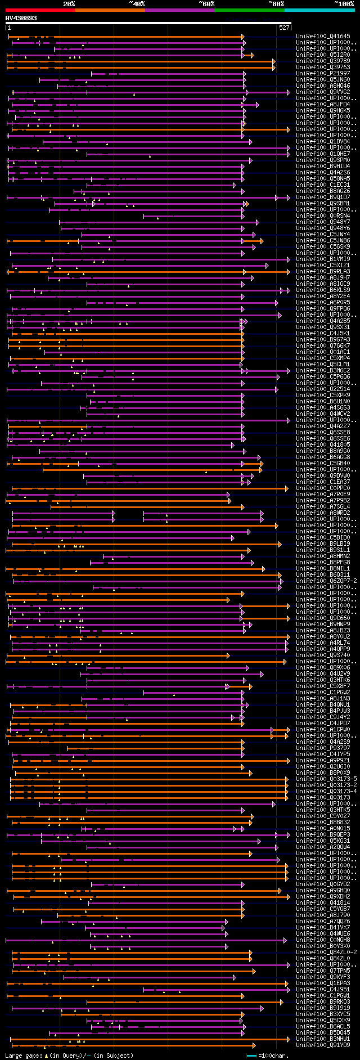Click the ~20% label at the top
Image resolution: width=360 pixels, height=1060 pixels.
click(x=69, y=4)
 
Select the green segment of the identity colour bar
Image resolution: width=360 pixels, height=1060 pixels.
click(x=249, y=10)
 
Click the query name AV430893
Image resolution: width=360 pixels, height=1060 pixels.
click(x=21, y=18)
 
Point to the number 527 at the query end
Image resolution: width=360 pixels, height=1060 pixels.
click(x=284, y=27)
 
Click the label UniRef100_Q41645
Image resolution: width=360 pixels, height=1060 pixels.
click(x=323, y=37)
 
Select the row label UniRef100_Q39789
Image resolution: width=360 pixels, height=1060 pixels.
click(x=323, y=61)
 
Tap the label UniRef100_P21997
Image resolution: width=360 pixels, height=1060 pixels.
click(x=323, y=74)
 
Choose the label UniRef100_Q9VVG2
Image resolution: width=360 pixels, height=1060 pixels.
click(x=323, y=92)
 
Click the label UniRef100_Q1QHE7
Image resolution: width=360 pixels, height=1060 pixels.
click(x=323, y=154)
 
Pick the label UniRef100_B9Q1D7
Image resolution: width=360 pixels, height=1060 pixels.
click(x=323, y=197)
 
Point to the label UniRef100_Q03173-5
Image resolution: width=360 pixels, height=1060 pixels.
click(x=326, y=779)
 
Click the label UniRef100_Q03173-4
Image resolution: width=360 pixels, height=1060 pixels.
click(x=326, y=792)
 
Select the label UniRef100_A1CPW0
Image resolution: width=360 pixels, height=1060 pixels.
click(x=323, y=730)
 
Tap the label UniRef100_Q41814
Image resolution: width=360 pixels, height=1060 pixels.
click(x=323, y=903)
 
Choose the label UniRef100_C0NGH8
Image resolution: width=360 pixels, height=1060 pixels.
click(x=323, y=940)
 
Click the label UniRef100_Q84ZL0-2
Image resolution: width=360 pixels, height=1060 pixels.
click(x=326, y=953)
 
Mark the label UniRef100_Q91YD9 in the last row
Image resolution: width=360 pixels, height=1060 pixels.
click(x=323, y=1045)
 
